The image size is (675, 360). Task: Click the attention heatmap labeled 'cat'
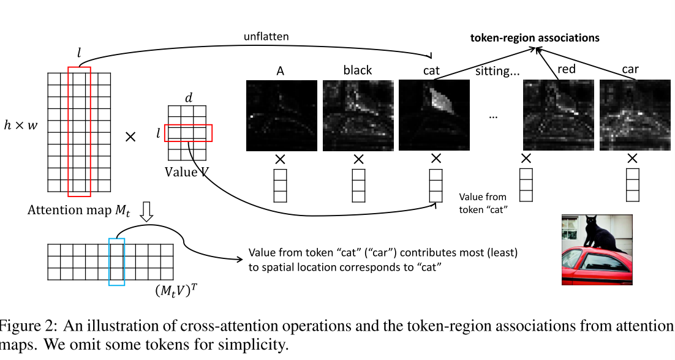click(x=434, y=115)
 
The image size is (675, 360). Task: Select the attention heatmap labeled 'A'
click(x=281, y=115)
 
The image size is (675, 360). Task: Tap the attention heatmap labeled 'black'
click(x=358, y=115)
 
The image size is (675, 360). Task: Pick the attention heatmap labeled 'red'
click(x=559, y=115)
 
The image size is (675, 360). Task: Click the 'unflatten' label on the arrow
click(x=266, y=37)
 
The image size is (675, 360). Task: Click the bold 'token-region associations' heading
click(x=534, y=38)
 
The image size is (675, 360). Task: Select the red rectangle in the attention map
click(x=79, y=132)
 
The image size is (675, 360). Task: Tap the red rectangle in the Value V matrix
click(x=189, y=132)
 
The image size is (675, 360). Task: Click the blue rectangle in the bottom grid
click(x=116, y=261)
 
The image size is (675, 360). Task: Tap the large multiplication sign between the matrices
click(x=130, y=137)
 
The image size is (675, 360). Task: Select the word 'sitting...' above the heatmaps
click(x=497, y=71)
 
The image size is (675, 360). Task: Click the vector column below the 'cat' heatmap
click(x=435, y=186)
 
